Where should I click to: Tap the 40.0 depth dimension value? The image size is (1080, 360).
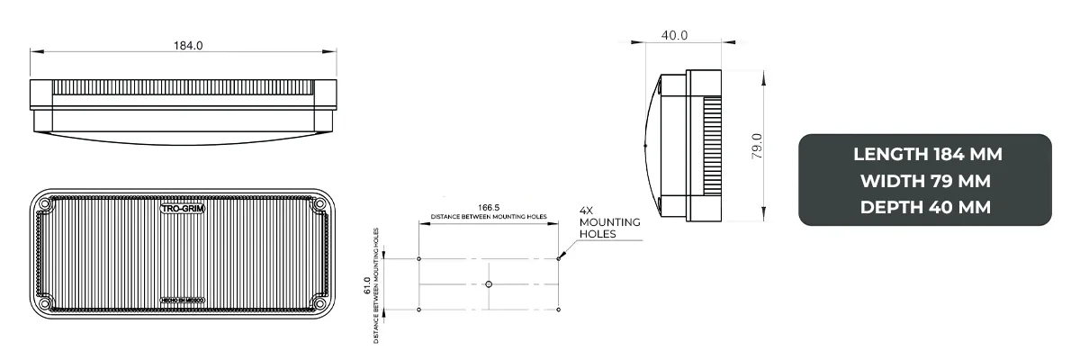[674, 35]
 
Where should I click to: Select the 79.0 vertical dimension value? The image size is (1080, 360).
[757, 147]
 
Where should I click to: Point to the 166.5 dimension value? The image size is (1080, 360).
[489, 207]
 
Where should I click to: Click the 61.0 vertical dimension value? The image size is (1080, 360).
[367, 285]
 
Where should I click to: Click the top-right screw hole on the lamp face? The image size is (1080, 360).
[319, 206]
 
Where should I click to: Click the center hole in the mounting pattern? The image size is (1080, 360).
[489, 284]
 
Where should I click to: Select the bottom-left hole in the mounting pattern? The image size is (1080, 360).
[419, 310]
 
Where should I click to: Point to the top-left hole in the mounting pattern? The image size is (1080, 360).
[419, 259]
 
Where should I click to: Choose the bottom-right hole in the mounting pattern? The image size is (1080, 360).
[559, 310]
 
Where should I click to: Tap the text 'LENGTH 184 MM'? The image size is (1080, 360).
[926, 154]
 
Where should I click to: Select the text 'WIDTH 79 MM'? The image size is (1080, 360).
[926, 180]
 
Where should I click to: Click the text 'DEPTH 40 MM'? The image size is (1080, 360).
[926, 206]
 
